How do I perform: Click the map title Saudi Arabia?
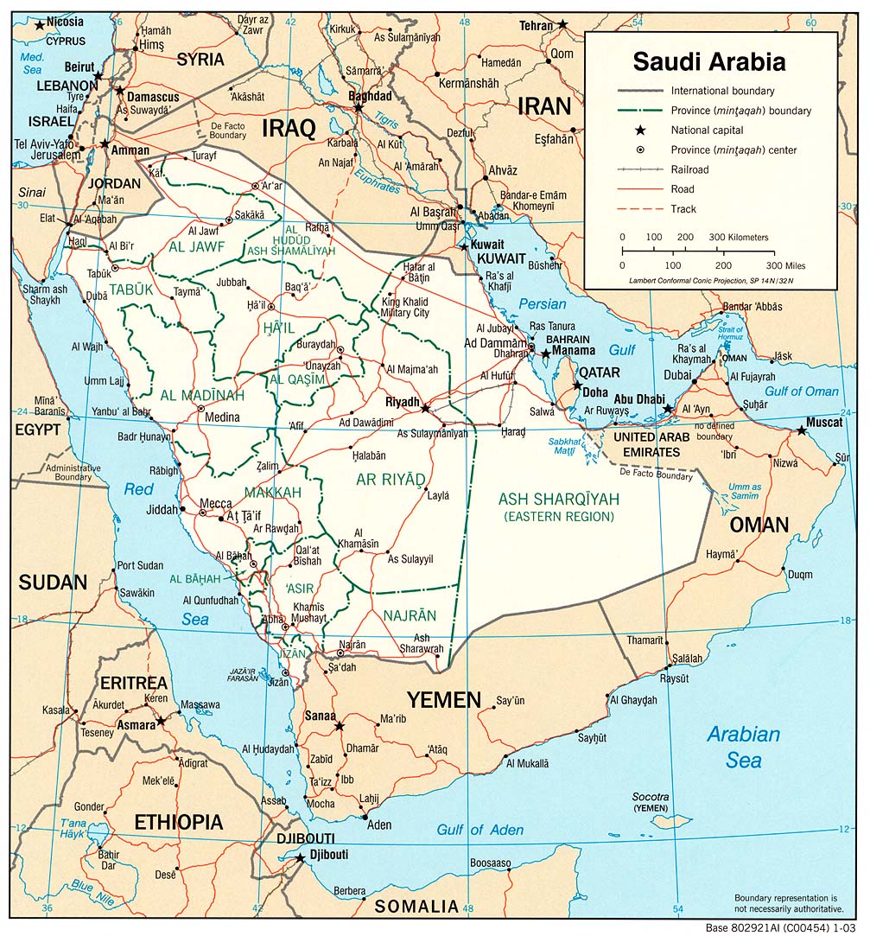click(709, 62)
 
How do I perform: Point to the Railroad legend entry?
click(689, 169)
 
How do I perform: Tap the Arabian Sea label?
click(743, 747)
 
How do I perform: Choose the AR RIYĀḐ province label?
click(391, 479)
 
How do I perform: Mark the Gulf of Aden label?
click(479, 830)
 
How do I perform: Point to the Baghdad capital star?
click(359, 108)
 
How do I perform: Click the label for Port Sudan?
click(140, 566)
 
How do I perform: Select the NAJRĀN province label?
click(409, 615)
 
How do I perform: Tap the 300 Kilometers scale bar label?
click(738, 238)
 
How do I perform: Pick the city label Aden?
click(379, 825)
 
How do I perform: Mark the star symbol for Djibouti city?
click(301, 858)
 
